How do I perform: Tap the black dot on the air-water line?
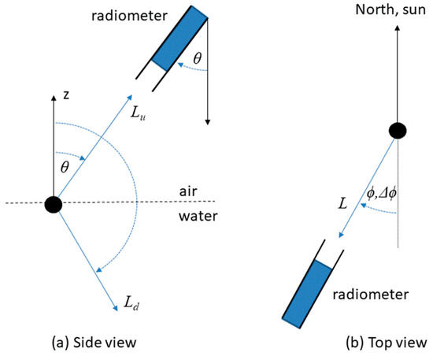coord(53,204)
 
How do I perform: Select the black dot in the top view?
coord(399,131)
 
